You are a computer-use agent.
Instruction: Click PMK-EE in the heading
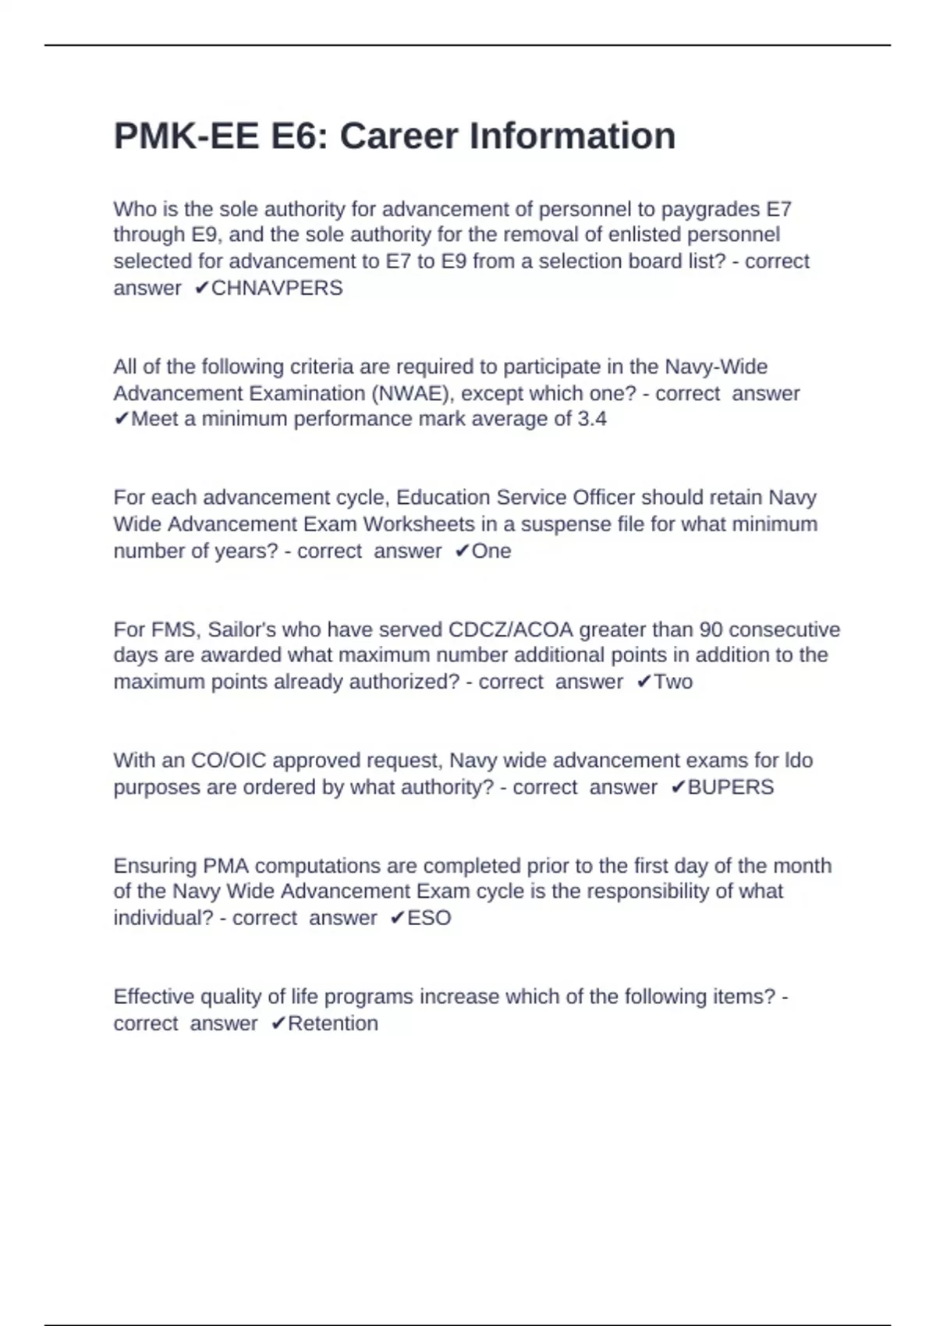pyautogui.click(x=186, y=136)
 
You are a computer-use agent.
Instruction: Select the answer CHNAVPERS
pyautogui.click(x=277, y=288)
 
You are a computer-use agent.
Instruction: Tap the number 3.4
pyautogui.click(x=592, y=419)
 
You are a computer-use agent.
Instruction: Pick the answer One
pyautogui.click(x=491, y=551)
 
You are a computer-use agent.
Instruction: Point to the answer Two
pyautogui.click(x=673, y=682)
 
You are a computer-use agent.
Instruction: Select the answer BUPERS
pyautogui.click(x=731, y=787)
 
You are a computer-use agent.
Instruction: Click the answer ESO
pyautogui.click(x=429, y=918)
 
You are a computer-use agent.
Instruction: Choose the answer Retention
pyautogui.click(x=333, y=1023)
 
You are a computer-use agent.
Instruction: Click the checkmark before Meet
pyautogui.click(x=121, y=420)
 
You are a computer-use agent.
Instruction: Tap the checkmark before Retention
pyautogui.click(x=278, y=1023)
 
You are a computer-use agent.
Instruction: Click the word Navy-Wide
pyautogui.click(x=716, y=367)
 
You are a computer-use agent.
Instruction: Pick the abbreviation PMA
pyautogui.click(x=225, y=866)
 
